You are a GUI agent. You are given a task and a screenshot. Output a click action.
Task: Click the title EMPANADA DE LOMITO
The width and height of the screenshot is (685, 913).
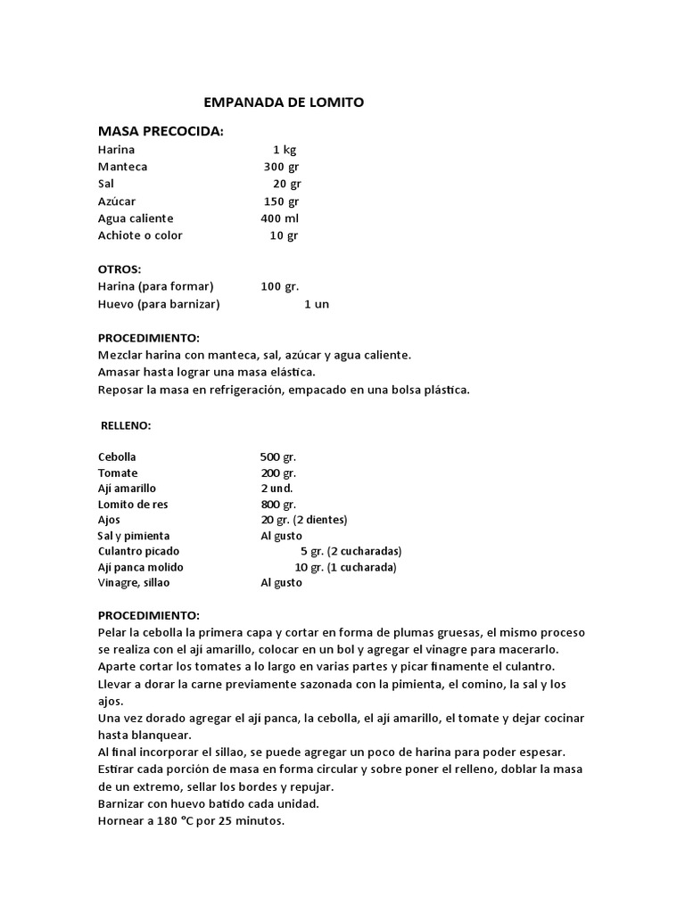tap(284, 103)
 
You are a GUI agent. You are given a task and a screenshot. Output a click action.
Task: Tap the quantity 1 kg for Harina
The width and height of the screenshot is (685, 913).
tap(285, 150)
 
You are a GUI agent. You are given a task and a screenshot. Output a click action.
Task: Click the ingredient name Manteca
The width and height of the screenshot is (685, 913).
tap(123, 167)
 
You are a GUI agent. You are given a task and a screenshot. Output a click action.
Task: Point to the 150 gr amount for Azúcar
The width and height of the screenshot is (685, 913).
tap(282, 202)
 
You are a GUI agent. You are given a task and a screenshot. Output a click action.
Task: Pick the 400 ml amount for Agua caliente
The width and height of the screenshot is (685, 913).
tap(280, 218)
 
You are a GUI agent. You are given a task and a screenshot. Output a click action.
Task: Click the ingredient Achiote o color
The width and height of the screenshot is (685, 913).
tap(140, 235)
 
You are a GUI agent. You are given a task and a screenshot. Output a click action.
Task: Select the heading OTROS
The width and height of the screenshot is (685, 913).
tap(120, 269)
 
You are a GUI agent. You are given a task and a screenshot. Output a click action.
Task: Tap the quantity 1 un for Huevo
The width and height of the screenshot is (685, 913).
tap(317, 304)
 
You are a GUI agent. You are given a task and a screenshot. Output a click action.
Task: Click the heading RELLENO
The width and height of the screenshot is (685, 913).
tap(126, 426)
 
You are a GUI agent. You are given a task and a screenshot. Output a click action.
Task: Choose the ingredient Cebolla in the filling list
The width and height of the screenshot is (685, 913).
tap(118, 457)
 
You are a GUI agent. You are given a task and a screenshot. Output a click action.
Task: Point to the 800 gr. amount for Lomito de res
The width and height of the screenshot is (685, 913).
tap(278, 505)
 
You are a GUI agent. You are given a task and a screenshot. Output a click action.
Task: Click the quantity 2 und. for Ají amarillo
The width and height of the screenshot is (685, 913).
tap(276, 489)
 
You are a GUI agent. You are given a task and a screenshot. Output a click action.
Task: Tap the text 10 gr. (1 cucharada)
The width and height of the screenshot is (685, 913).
tap(346, 567)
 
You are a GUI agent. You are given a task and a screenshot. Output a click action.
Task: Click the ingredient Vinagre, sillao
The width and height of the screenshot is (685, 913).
tap(134, 583)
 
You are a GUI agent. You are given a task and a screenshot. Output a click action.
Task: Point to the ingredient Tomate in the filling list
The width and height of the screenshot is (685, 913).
tap(118, 473)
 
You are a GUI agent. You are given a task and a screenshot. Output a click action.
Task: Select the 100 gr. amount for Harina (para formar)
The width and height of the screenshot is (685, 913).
tap(280, 287)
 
